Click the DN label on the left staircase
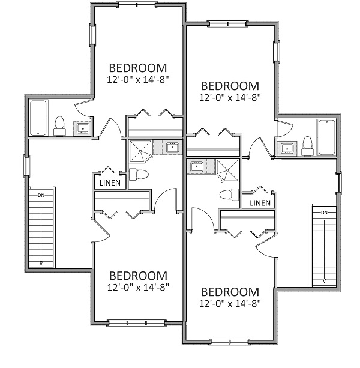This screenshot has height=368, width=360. coord(41,195)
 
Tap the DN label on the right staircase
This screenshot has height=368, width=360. coord(323,213)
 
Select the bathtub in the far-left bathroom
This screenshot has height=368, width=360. coord(39,118)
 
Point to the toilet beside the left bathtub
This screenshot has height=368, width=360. coord(59,125)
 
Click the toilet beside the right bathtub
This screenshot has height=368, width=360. coord(307,144)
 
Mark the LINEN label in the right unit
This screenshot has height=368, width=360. coord(259,203)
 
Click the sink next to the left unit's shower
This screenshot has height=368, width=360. coord(172,147)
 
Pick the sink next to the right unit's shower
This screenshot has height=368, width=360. coord(196,166)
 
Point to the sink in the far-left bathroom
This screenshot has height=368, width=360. coord(82,127)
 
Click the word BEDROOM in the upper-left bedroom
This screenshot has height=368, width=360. coord(137,67)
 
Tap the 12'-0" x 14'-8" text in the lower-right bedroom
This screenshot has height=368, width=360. coord(230,304)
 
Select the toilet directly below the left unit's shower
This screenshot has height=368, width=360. coord(140,174)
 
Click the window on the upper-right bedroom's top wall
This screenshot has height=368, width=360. coord(227,23)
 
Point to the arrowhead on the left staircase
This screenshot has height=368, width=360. coord(41,264)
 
